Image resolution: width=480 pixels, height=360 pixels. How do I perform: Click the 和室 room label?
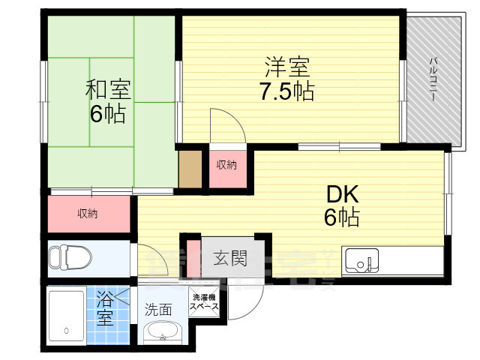pos(109,90)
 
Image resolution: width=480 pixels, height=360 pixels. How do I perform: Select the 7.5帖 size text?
pos(286,92)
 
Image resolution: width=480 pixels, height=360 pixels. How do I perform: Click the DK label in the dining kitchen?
pos(342,194)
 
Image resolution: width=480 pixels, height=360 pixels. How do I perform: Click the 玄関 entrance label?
pos(229,259)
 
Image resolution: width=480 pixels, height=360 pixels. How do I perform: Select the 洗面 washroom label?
pos(158,308)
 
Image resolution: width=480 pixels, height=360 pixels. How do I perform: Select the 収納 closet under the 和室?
pos(88,214)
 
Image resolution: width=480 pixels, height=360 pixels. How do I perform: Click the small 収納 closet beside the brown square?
pos(226,164)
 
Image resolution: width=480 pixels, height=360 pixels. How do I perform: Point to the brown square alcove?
pos(190,169)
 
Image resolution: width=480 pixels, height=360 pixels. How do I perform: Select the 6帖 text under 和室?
pos(109,114)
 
